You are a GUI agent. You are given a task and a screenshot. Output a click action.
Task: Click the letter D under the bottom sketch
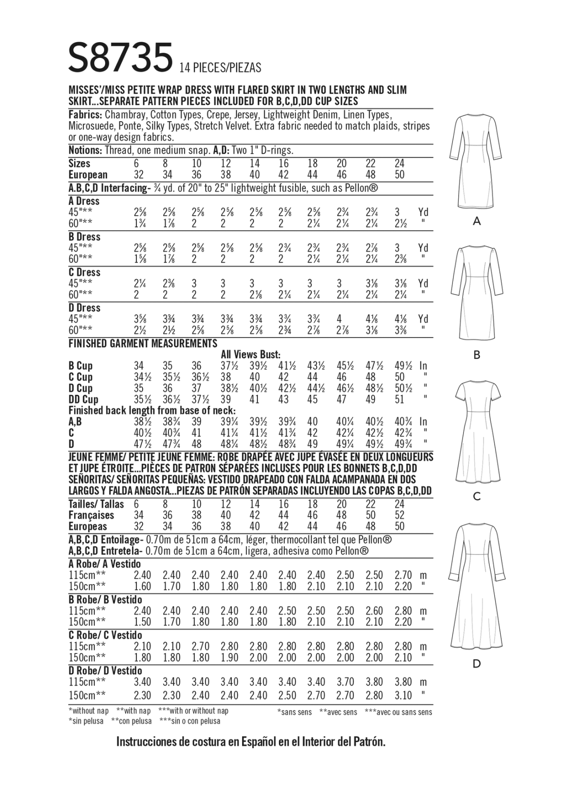[x=476, y=664]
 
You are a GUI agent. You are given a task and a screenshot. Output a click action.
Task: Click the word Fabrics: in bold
[x=85, y=115]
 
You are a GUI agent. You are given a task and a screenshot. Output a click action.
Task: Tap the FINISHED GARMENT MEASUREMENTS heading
[x=143, y=343]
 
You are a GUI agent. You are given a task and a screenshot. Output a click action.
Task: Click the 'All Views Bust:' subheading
[x=250, y=355]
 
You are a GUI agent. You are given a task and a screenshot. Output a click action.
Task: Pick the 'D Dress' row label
[x=84, y=308]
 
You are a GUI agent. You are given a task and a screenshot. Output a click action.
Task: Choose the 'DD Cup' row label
[x=83, y=399]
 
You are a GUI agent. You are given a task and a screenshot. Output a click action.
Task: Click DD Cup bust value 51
[x=399, y=399]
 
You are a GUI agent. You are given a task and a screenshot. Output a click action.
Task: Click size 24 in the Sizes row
[x=399, y=163]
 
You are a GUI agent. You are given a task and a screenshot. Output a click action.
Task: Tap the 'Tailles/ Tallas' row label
[x=96, y=504]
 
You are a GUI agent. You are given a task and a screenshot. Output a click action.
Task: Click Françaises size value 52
[x=399, y=515]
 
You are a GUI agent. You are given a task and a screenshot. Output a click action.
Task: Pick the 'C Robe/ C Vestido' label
[x=105, y=635]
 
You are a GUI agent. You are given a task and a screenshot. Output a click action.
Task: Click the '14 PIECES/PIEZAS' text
[x=221, y=68]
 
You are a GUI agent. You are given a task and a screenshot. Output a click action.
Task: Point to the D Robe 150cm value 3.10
[x=403, y=695]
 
